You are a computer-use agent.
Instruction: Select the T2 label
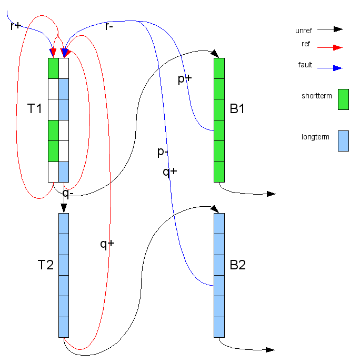point(46,265)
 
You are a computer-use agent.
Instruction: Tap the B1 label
point(238,109)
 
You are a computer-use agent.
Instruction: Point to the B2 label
point(238,265)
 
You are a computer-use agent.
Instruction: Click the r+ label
point(15,25)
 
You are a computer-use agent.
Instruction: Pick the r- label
point(109,26)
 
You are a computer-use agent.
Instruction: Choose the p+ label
point(184,78)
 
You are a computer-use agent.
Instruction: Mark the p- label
point(163,153)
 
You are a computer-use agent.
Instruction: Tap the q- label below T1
point(68,193)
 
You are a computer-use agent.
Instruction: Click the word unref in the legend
point(304,31)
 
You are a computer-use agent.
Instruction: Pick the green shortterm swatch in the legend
point(343,99)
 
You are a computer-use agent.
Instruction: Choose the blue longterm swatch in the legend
point(343,140)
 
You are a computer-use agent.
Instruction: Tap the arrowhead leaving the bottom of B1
point(271,194)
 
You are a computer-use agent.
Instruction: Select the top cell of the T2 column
point(64,223)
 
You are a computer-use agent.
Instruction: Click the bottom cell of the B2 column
point(219,327)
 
